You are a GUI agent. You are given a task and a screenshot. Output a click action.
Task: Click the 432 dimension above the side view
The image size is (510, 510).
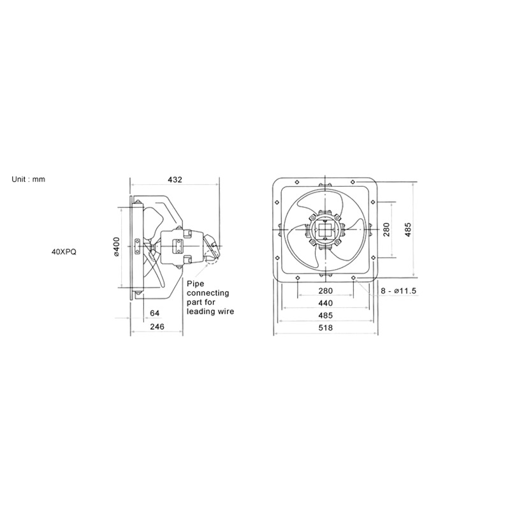175,180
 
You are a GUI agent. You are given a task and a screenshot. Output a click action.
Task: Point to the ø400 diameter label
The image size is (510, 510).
117,247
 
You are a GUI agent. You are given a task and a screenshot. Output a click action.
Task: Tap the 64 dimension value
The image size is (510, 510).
155,313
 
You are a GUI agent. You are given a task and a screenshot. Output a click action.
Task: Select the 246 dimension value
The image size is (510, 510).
157,326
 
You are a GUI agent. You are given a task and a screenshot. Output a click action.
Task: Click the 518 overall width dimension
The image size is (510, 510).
326,328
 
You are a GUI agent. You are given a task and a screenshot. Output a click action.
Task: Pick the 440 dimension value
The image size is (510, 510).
326,303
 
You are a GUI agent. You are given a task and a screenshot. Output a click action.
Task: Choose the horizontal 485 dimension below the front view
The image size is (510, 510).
326,316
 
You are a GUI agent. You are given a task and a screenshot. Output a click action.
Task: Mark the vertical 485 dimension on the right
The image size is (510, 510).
408,229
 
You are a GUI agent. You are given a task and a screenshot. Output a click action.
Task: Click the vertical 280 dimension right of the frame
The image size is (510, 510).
386,229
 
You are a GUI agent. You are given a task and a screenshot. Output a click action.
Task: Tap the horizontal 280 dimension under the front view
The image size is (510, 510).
326,291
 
